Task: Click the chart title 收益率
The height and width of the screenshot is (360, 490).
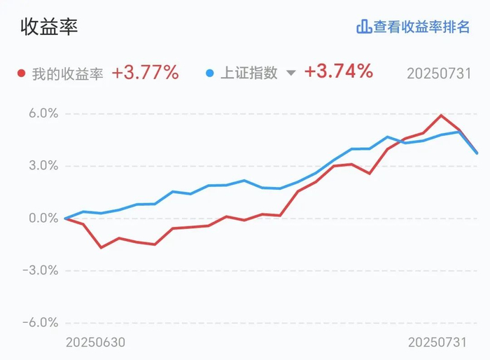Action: point(49,27)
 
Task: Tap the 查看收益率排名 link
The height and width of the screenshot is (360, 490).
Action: point(421,27)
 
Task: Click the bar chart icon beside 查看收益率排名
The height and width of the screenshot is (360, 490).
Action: point(364,27)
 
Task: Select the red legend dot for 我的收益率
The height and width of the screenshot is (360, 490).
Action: point(21,73)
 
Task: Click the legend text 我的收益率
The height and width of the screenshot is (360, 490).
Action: point(67,74)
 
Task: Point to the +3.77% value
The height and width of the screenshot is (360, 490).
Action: point(146,73)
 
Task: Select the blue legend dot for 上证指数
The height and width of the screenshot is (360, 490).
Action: point(210,73)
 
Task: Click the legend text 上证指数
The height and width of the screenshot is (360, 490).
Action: point(249,73)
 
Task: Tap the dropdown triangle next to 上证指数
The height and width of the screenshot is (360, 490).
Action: point(291,73)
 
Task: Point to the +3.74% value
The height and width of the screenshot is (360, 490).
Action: point(339,71)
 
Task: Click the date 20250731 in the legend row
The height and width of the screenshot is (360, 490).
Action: point(439,74)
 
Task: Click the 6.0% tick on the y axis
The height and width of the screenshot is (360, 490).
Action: point(43,113)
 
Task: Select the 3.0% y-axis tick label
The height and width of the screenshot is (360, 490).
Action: point(43,165)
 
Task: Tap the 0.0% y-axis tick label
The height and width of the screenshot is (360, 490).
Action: point(43,218)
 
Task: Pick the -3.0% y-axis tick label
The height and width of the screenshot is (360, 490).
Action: point(41,270)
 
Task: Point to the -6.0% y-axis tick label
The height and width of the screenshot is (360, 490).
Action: point(41,322)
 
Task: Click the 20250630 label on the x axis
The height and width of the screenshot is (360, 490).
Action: point(96,342)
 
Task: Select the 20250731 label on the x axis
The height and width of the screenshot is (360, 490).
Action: point(437,342)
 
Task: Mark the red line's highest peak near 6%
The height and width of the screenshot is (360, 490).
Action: point(441,115)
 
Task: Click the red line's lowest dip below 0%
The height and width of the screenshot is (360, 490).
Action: point(101,248)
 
